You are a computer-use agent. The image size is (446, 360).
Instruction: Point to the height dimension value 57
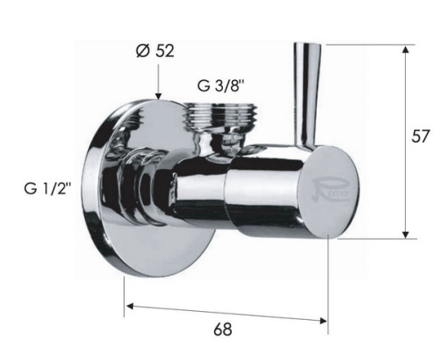(x=425, y=136)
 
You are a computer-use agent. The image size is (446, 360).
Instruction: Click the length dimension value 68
(x=223, y=330)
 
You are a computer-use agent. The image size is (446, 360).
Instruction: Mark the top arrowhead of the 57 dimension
(x=406, y=50)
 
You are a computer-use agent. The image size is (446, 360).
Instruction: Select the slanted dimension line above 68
(x=223, y=312)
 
